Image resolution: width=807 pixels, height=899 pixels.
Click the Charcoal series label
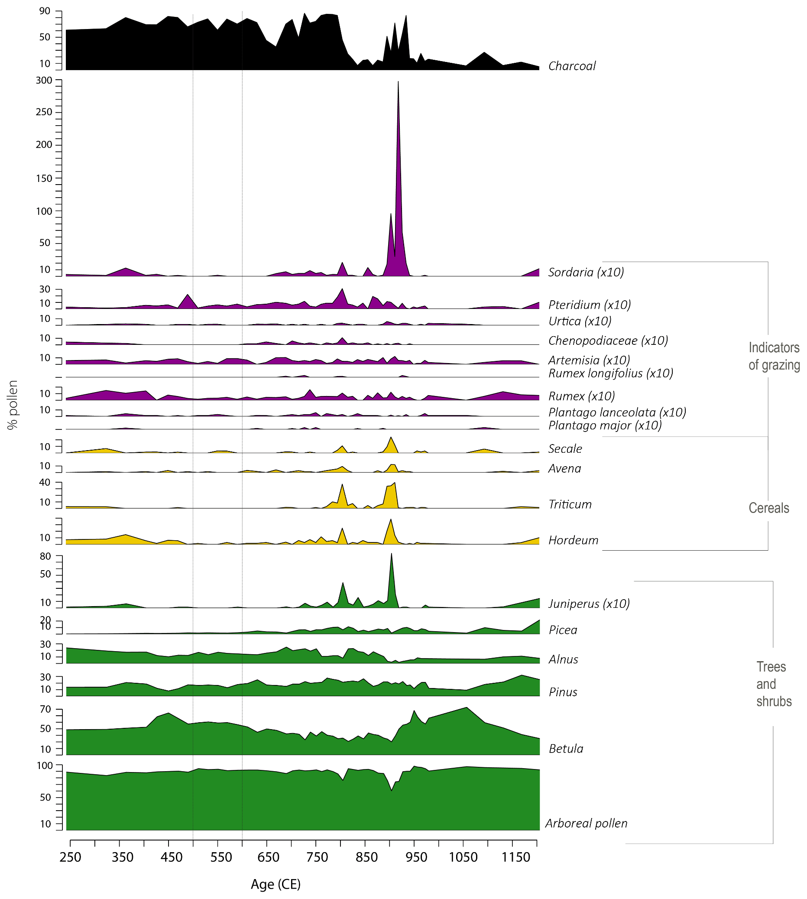(571, 66)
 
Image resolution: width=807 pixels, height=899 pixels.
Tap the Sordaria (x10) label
(586, 273)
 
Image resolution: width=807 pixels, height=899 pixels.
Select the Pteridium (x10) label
(589, 305)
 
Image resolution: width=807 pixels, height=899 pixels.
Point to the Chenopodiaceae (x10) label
(608, 341)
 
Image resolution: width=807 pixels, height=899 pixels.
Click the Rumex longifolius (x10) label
(611, 373)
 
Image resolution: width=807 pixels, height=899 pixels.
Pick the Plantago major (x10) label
(605, 426)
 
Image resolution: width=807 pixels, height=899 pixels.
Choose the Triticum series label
(570, 505)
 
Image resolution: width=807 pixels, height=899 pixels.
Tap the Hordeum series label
(574, 540)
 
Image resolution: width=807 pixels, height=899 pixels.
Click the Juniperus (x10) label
(589, 604)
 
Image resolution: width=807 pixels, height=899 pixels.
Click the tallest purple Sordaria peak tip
(398, 81)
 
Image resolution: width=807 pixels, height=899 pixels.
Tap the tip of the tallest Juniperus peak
(391, 554)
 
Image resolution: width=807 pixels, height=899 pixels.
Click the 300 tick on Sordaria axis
(44, 80)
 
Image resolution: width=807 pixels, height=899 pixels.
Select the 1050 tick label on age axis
(463, 858)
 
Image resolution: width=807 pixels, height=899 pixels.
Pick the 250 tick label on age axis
(70, 858)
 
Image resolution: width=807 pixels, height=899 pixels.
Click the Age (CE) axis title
(275, 884)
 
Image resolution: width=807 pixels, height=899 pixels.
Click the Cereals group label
(769, 508)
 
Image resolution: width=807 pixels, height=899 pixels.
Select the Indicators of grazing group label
(774, 356)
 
